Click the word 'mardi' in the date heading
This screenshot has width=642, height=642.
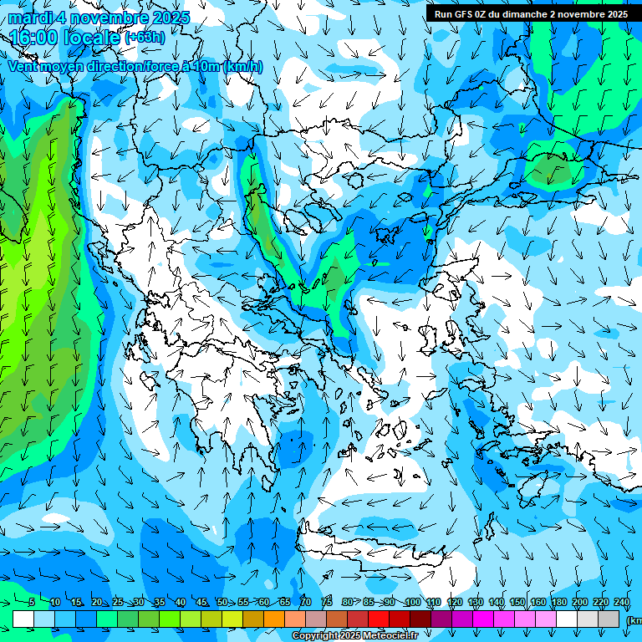(32, 17)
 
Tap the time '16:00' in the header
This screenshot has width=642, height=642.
(33, 38)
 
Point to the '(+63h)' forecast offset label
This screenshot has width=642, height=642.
(144, 37)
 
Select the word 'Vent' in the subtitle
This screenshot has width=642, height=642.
(24, 66)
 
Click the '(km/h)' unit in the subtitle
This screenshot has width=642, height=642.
(243, 66)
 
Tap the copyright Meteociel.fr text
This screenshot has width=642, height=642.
(354, 636)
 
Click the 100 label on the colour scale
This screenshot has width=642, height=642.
(412, 603)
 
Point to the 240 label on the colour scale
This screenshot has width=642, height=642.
(622, 603)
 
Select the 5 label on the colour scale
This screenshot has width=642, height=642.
(32, 603)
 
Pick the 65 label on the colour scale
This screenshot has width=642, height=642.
(285, 603)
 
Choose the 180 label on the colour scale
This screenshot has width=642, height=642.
(559, 603)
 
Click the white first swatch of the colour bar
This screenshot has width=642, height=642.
(23, 619)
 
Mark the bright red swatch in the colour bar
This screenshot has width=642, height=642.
(379, 619)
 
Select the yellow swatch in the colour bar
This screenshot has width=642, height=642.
(211, 619)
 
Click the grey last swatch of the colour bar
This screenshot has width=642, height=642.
(609, 619)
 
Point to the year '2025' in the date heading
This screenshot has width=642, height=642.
(166, 17)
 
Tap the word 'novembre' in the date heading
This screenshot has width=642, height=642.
(106, 17)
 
